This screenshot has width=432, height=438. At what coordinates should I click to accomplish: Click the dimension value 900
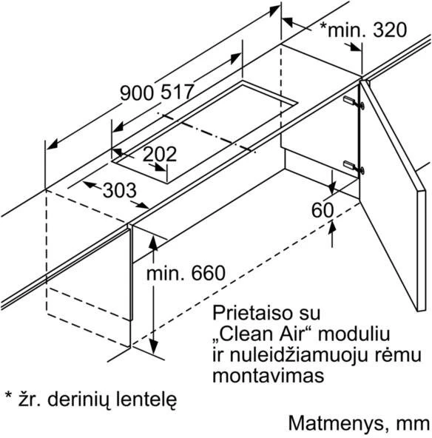click(137, 92)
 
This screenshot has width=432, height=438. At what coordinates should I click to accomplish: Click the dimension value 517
click(178, 92)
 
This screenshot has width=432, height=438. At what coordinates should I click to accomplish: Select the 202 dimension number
click(160, 154)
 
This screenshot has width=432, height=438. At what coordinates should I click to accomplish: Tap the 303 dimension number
click(120, 190)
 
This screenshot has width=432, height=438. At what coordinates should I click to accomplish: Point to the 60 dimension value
click(323, 210)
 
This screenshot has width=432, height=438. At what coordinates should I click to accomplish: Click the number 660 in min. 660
click(209, 273)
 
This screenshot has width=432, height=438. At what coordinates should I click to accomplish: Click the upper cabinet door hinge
click(354, 102)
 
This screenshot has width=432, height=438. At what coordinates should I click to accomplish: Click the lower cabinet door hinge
click(354, 167)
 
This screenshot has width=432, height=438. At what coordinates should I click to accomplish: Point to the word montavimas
click(269, 376)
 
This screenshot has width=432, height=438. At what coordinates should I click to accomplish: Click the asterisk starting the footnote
click(9, 396)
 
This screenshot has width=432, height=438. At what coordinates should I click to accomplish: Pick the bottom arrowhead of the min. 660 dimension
click(153, 347)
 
